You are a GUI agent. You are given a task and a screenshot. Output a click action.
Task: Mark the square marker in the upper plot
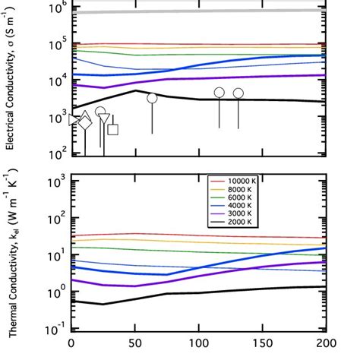pos(112,129)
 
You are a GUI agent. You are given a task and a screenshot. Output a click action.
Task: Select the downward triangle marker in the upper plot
pos(105,119)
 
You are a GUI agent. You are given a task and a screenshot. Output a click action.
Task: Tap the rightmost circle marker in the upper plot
pos(238,93)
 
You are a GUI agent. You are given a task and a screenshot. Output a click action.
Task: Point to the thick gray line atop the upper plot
pos(197,11)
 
